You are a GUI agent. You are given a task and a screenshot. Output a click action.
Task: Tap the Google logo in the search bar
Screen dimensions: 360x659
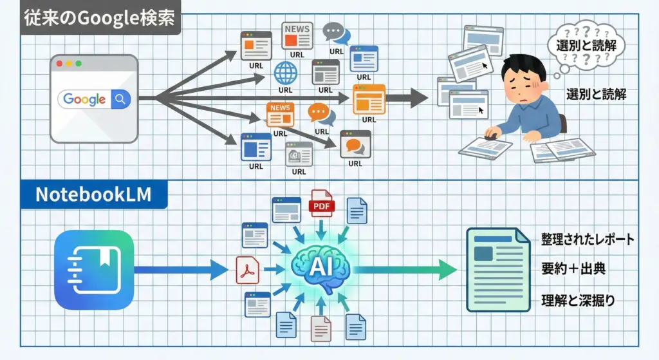point(84,99)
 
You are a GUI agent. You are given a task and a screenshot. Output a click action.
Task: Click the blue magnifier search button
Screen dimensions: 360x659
point(120,99)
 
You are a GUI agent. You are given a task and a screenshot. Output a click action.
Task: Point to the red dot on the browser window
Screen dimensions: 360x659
point(60,64)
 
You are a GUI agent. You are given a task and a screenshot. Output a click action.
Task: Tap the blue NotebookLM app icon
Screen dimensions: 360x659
point(94,270)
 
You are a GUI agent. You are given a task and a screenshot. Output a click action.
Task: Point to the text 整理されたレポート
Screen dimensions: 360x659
point(588,240)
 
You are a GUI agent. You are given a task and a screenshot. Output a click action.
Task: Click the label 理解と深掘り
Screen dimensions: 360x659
point(573,299)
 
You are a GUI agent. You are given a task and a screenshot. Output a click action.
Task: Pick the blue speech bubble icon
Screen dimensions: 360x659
point(333,32)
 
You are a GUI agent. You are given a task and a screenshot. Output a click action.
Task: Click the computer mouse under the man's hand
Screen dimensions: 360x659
point(492,135)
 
